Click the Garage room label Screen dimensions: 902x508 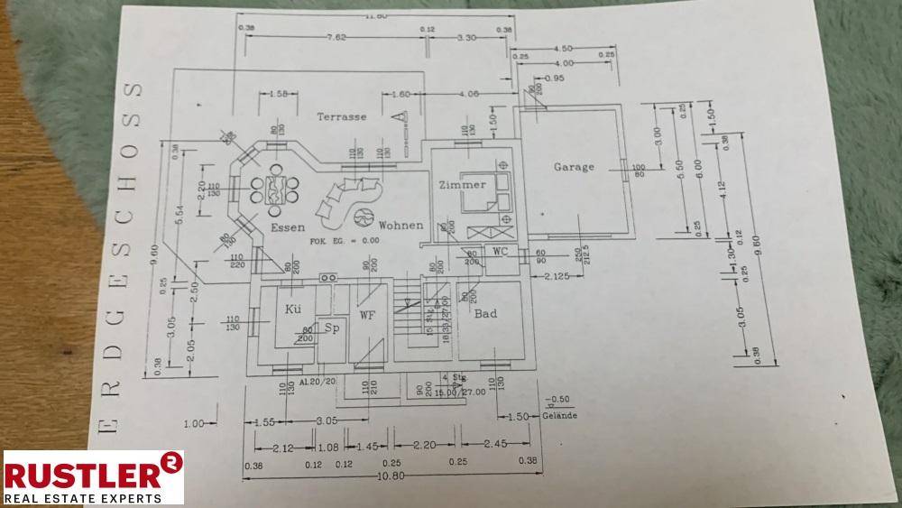click(x=574, y=167)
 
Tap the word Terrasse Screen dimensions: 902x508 click(x=341, y=116)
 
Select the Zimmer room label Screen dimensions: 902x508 click(x=462, y=185)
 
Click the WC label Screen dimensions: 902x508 click(x=500, y=252)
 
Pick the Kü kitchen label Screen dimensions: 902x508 click(x=293, y=309)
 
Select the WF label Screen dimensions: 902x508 click(x=367, y=315)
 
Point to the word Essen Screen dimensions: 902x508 click(x=288, y=228)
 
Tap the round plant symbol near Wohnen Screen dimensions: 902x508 click(x=364, y=217)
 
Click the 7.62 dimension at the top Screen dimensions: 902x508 click(x=336, y=38)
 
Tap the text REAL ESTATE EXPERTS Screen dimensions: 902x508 click(x=83, y=496)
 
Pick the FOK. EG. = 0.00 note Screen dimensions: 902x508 click(x=345, y=241)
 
